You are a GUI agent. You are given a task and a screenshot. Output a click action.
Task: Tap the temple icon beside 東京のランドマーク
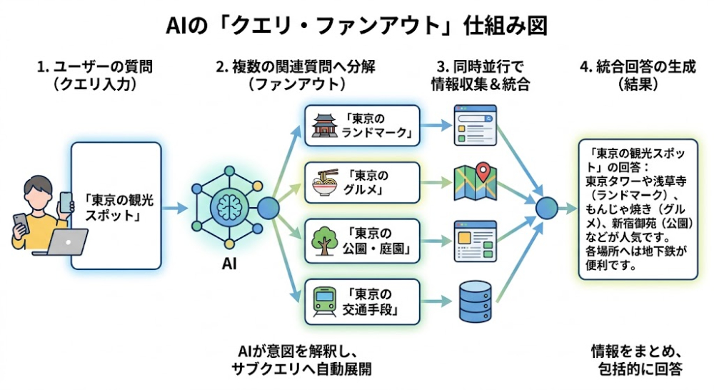click(x=323, y=126)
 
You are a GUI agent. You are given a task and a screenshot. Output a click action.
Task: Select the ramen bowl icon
click(x=323, y=184)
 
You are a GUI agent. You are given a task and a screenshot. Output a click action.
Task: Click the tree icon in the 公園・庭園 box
click(x=323, y=241)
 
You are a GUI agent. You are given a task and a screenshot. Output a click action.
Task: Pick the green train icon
click(x=323, y=301)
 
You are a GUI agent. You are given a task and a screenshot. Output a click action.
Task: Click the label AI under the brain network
click(x=229, y=264)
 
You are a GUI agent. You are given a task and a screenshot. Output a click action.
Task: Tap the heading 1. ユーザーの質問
click(x=95, y=68)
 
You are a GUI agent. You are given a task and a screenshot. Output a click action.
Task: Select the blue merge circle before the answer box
click(x=548, y=208)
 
